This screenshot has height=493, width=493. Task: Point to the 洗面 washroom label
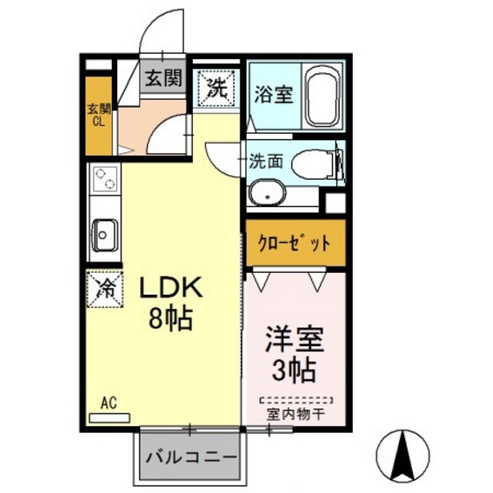point(265,162)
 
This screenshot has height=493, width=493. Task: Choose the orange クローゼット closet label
point(294,243)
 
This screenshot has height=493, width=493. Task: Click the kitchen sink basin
point(105,234)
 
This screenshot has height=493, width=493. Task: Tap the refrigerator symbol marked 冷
point(104,288)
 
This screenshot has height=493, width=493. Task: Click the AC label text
point(108,402)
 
